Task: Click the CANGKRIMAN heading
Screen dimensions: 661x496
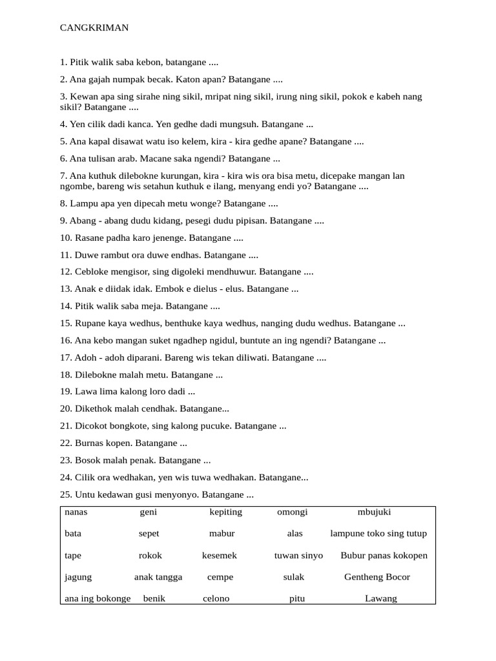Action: [x=94, y=28]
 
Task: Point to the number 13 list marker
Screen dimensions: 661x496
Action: [x=65, y=289]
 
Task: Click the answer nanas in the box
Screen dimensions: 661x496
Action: [x=76, y=512]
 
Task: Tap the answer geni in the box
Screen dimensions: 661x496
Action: [x=149, y=512]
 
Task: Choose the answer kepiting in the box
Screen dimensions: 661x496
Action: [x=226, y=512]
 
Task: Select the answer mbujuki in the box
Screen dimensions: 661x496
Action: [x=374, y=512]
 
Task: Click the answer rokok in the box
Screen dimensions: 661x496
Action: [x=150, y=555]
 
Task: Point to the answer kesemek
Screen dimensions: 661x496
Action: [x=220, y=555]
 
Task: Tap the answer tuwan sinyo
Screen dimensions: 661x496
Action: [x=298, y=555]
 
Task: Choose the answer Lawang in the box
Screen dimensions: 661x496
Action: [x=381, y=598]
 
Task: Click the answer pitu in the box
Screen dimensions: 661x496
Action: [x=297, y=598]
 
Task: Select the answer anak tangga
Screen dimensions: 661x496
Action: [x=158, y=576]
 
